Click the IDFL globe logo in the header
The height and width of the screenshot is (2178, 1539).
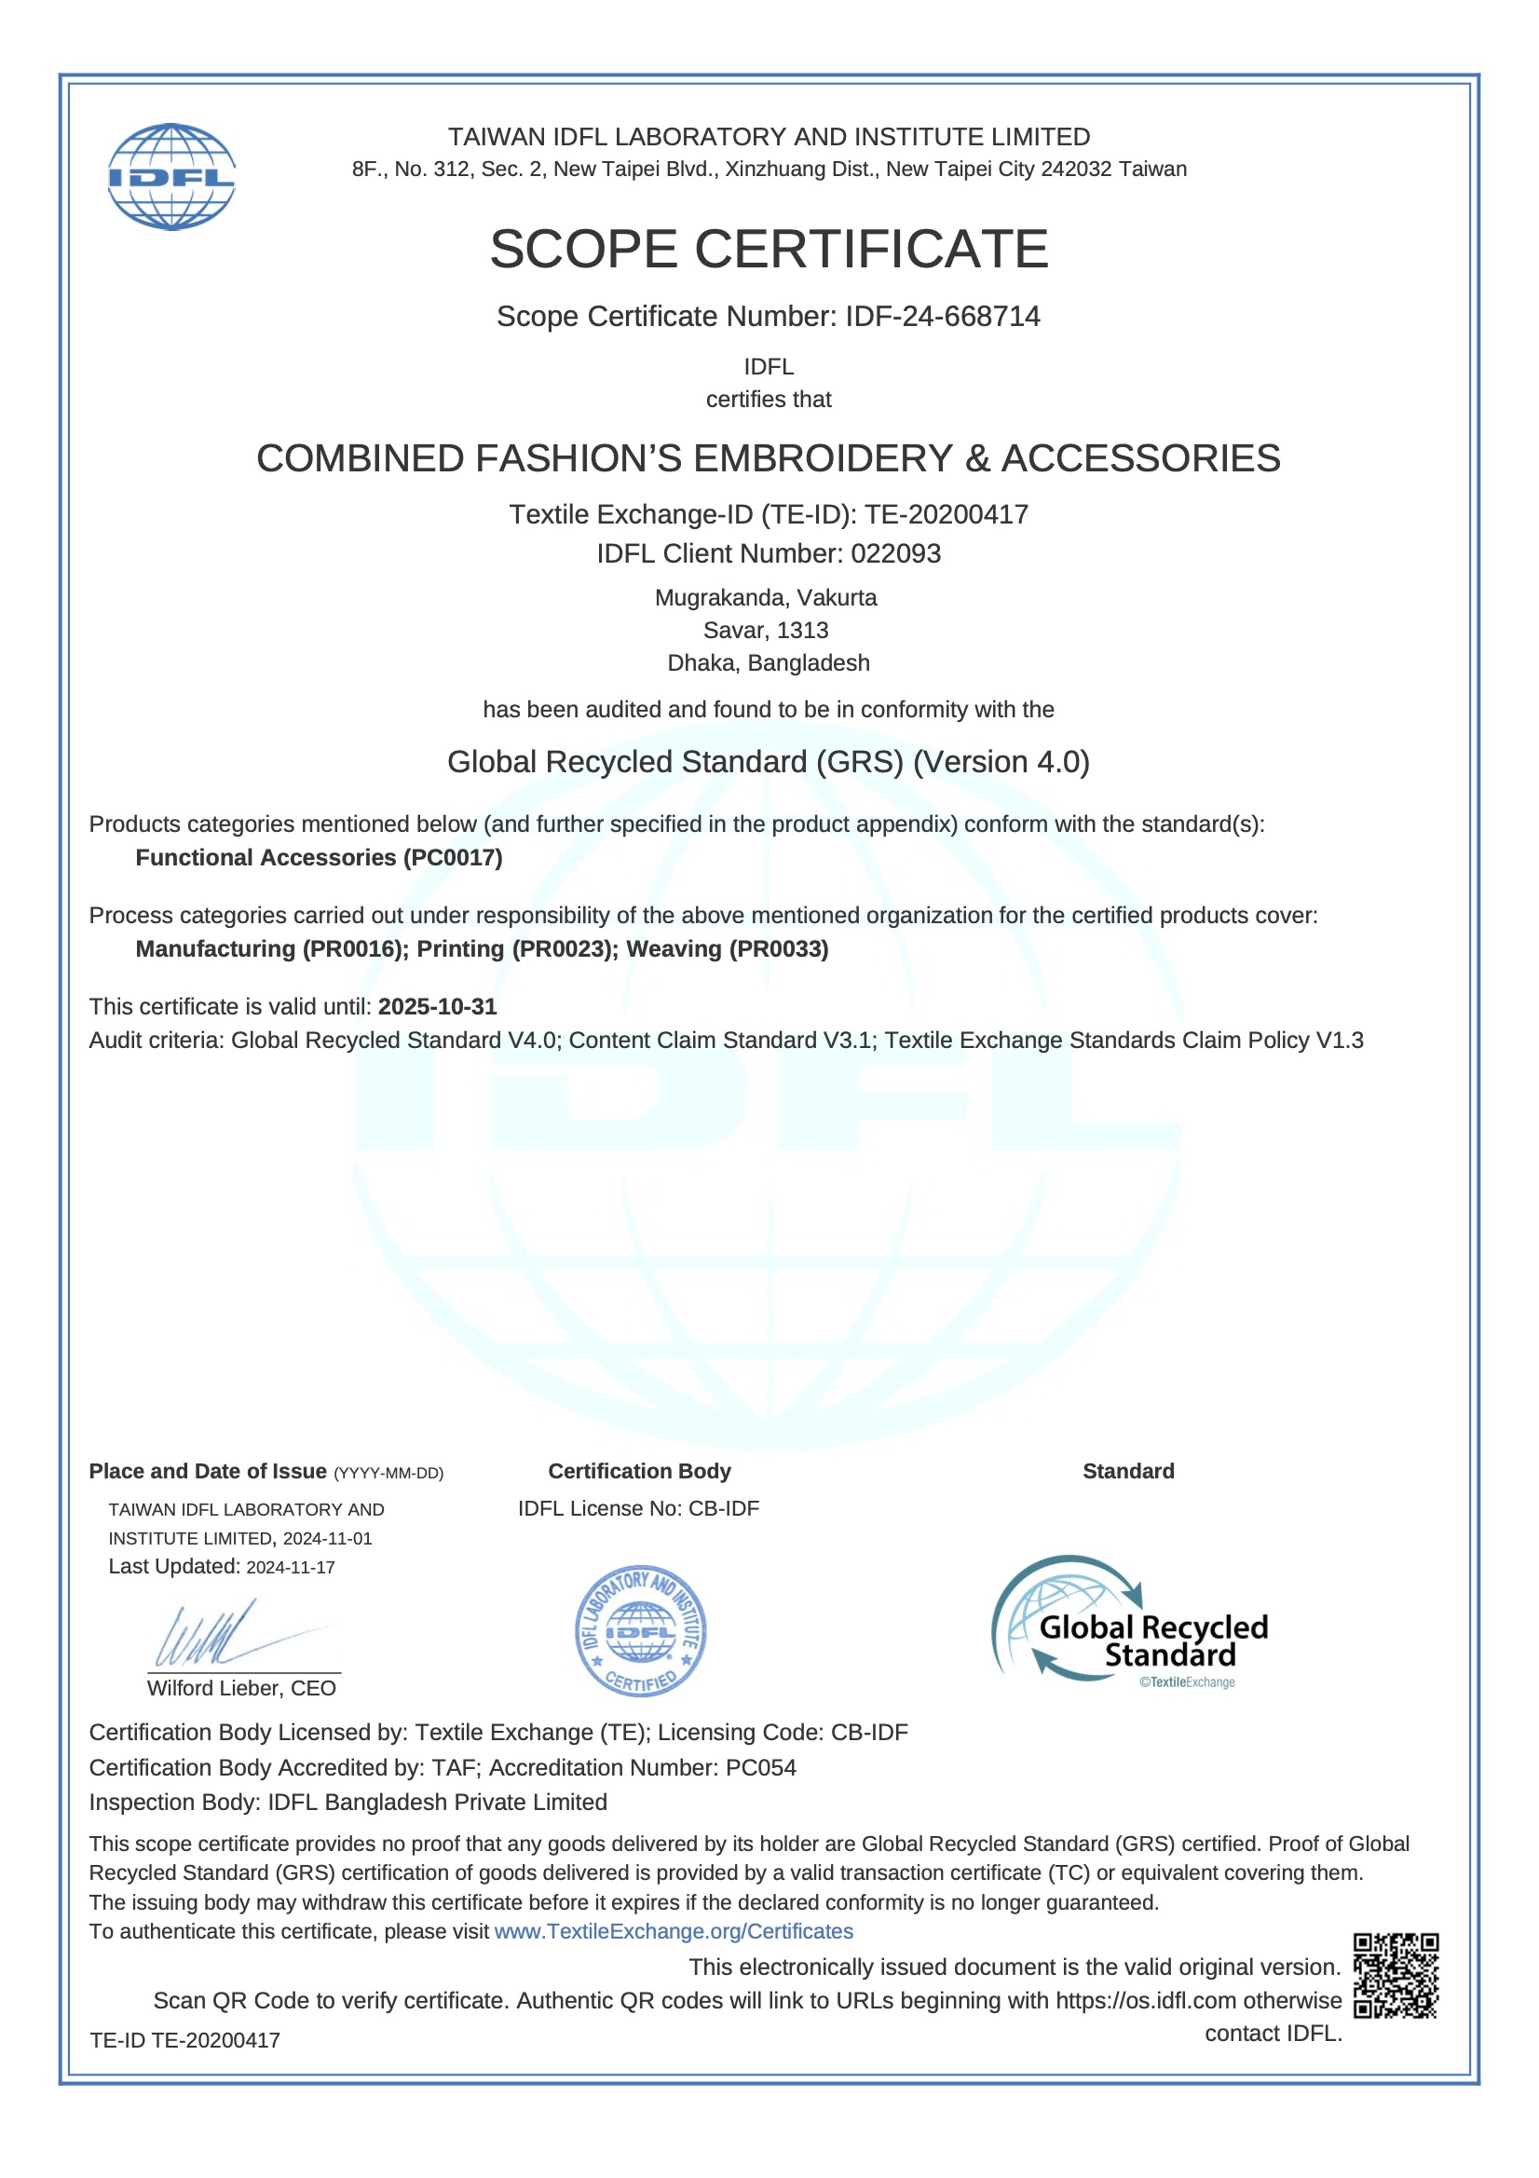[x=170, y=176]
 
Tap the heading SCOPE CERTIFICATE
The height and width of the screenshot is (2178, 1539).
[x=769, y=249]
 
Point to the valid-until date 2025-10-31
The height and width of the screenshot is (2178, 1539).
[x=438, y=1006]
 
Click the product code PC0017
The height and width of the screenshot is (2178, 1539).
[x=453, y=858]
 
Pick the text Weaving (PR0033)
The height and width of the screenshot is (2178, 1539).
[x=727, y=948]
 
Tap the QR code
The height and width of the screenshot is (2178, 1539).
[x=1395, y=1975]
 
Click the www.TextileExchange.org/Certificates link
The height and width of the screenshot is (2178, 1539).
[x=674, y=1931]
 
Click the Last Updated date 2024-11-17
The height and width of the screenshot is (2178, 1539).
[x=291, y=1567]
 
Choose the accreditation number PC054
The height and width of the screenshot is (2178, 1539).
[x=761, y=1767]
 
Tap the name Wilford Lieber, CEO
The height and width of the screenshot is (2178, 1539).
[x=241, y=1688]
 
